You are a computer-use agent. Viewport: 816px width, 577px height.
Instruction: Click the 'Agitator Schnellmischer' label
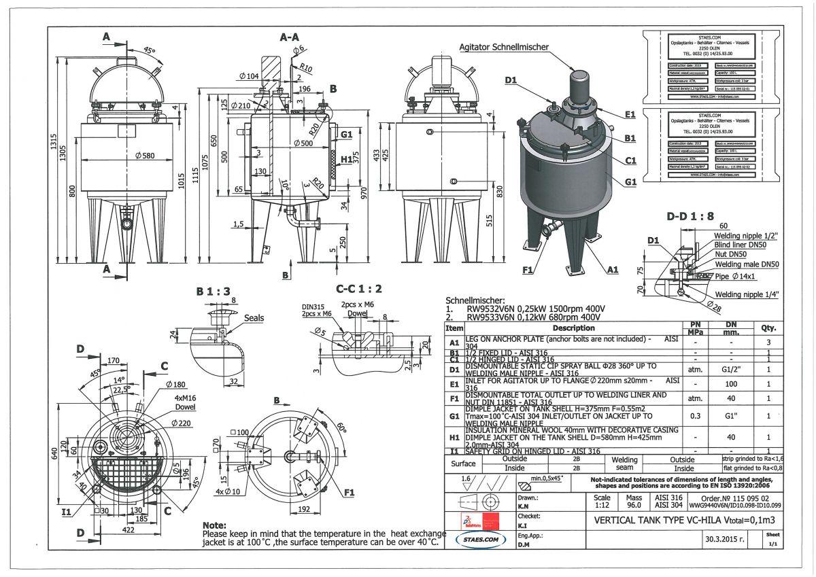pyautogui.click(x=503, y=46)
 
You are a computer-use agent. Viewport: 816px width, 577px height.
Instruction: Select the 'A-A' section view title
pyautogui.click(x=290, y=38)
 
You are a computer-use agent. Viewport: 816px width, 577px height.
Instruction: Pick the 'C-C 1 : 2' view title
pyautogui.click(x=359, y=288)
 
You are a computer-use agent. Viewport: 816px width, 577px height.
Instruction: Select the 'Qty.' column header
pyautogui.click(x=770, y=328)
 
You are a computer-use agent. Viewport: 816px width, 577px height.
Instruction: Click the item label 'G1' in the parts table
pyautogui.click(x=454, y=415)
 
